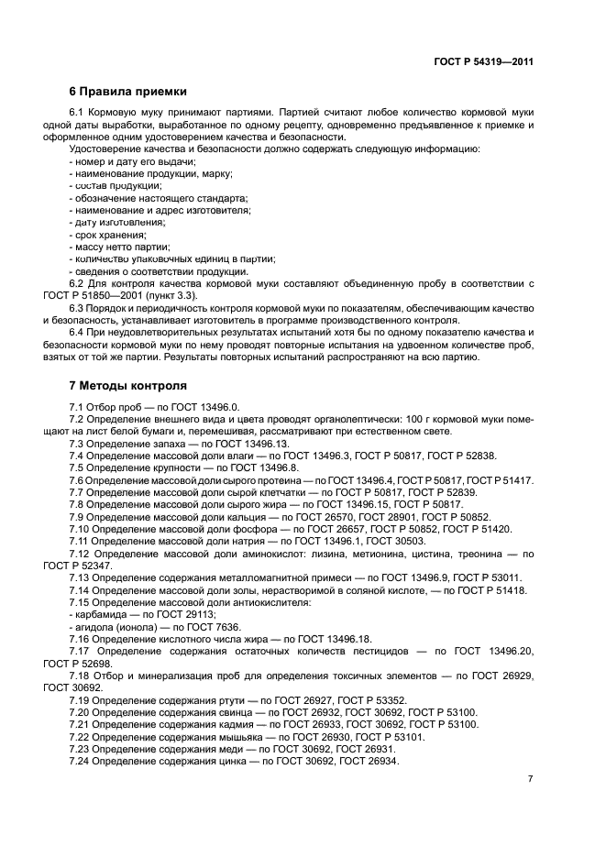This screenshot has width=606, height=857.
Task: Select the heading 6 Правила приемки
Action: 128,92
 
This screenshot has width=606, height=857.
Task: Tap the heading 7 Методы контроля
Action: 127,385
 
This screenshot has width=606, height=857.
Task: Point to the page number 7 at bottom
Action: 530,779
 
